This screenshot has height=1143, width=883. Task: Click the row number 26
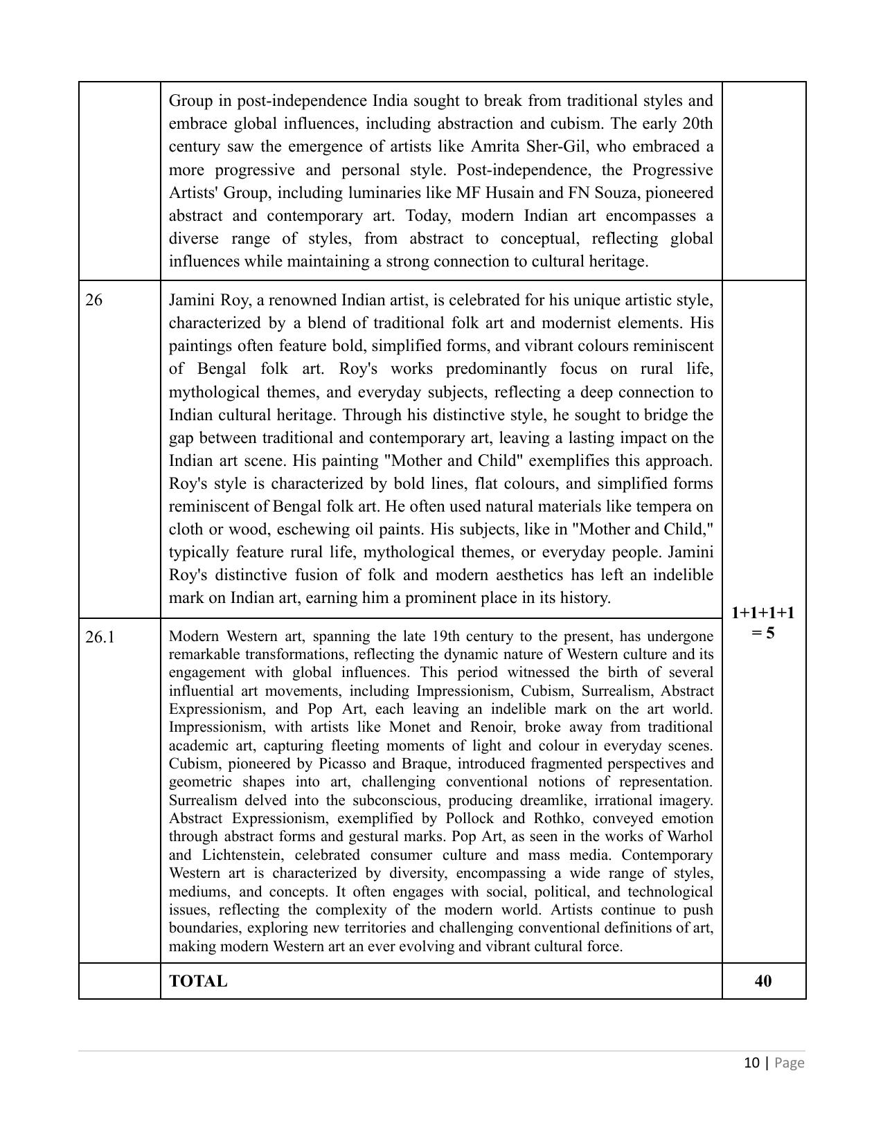point(93,300)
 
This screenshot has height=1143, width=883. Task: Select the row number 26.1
point(100,637)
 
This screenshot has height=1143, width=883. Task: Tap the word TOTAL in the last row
point(198,981)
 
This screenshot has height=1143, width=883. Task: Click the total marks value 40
point(763,981)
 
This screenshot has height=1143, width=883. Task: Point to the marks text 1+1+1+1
point(762,613)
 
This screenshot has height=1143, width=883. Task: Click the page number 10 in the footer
point(752,1063)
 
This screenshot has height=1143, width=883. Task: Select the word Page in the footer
point(790,1063)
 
